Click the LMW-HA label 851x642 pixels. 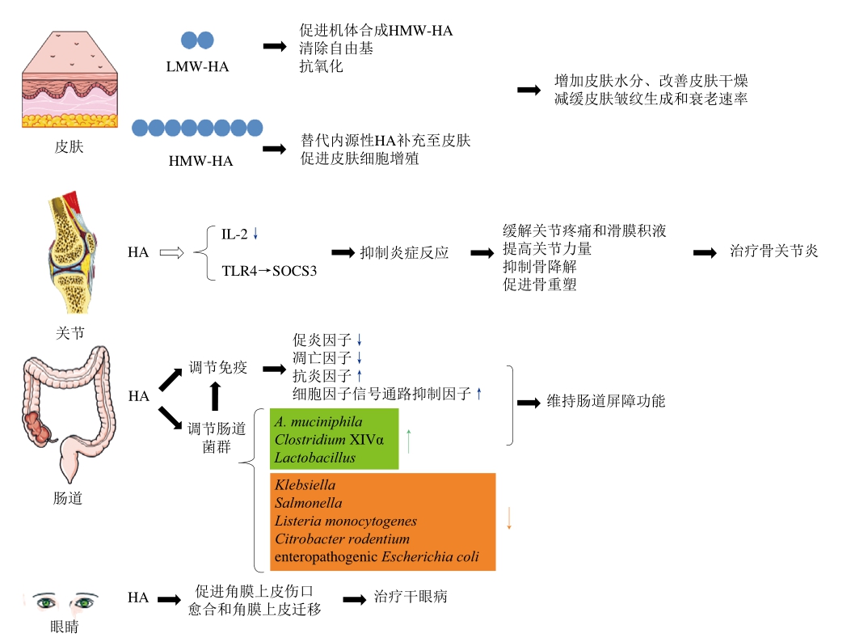coord(197,66)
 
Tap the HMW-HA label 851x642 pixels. coord(200,160)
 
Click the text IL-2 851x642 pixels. coord(234,234)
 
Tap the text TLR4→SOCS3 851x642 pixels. coord(269,270)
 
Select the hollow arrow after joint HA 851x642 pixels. coord(173,252)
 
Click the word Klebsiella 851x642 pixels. coord(305,485)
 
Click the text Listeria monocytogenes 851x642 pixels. coord(345,522)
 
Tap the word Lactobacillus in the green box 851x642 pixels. coord(314,458)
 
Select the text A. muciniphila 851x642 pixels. coord(318,422)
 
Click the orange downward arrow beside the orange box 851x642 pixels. coord(509,518)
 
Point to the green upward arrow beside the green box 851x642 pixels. coord(409,441)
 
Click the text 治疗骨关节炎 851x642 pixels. coord(773,251)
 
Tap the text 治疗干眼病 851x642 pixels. coord(410,598)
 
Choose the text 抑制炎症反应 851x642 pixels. coord(404,252)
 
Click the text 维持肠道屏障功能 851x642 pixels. coord(606,400)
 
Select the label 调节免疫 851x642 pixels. coord(217,367)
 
